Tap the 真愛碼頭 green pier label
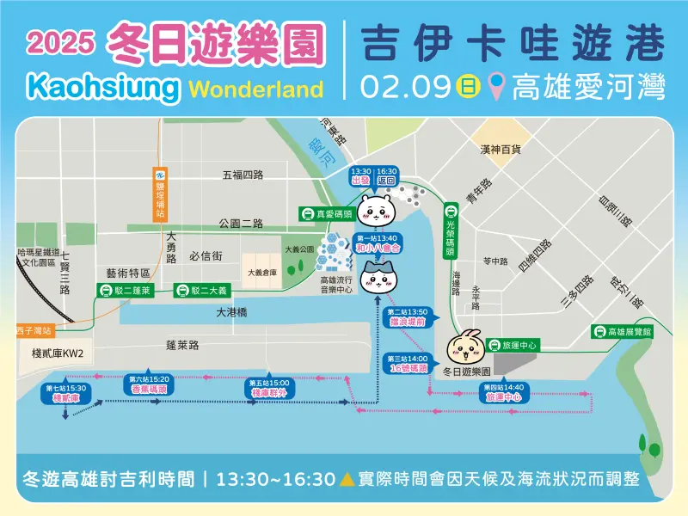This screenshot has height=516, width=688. pos(324,212)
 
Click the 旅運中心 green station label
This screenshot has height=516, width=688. pos(513,345)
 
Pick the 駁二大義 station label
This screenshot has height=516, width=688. pos(200,291)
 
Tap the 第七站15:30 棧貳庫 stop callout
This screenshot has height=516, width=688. pos(66,394)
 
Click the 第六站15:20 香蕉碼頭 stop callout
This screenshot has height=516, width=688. pos(149,384)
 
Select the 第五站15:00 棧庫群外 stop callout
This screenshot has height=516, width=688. pos(268,387)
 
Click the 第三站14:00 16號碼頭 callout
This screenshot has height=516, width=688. pos(408,363)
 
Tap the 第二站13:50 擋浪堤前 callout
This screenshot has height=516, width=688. pos(408,316)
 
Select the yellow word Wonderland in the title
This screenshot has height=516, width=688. pos(255,89)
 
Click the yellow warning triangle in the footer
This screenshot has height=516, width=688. pos(347,478)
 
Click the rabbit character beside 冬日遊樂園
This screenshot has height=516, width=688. pos(465,346)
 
